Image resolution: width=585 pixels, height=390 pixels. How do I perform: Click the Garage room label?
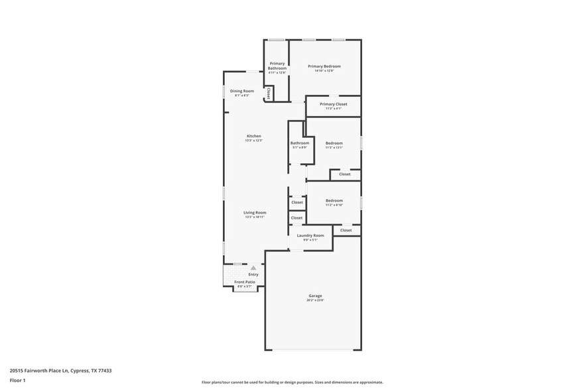click(314, 295)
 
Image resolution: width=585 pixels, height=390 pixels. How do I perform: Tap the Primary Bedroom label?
click(324, 66)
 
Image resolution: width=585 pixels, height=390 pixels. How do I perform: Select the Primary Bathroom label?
click(277, 66)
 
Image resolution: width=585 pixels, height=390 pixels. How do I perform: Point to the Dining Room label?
click(242, 91)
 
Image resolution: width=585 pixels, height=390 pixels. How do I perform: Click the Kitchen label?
click(254, 136)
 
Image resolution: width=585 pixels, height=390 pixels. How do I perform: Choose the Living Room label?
click(255, 212)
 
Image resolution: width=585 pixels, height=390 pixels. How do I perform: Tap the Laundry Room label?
click(310, 235)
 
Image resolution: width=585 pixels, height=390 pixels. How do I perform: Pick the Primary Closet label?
click(333, 104)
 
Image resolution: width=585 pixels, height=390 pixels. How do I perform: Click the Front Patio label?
click(245, 282)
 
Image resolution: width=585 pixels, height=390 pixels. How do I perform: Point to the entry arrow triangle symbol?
click(253, 268)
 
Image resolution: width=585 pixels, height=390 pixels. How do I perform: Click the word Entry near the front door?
click(253, 275)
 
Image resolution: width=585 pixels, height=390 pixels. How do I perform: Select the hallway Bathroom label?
click(300, 143)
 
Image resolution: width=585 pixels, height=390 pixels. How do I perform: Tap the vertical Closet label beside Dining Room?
click(269, 94)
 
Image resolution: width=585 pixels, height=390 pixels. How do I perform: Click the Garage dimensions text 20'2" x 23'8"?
click(314, 300)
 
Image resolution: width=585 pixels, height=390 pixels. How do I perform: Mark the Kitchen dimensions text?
click(254, 141)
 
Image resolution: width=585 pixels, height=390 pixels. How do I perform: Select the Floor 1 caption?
click(17, 380)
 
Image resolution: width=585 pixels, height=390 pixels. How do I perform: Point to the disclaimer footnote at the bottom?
click(292, 383)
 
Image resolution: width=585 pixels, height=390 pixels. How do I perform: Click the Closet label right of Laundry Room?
click(346, 230)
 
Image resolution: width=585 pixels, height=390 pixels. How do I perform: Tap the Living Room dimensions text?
click(255, 217)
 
